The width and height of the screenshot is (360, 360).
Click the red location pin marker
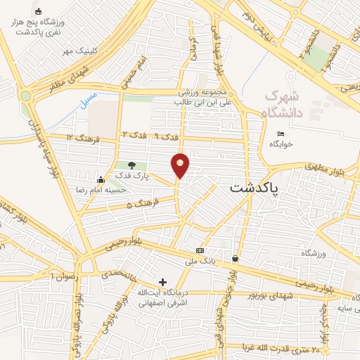click(x=180, y=165)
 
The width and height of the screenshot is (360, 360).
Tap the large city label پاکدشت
click(x=254, y=188)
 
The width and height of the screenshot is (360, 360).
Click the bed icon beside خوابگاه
click(x=281, y=134)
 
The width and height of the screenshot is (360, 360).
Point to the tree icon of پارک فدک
click(x=131, y=165)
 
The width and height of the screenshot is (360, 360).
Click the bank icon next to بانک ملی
click(x=200, y=250)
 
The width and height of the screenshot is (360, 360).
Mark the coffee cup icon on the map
click(x=234, y=259)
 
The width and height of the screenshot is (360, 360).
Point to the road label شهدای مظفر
click(x=67, y=80)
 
